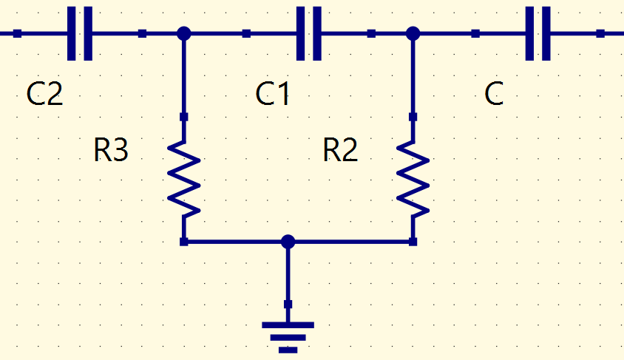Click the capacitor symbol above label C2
(x=80, y=33)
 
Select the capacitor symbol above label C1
(x=309, y=33)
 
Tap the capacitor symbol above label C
(x=538, y=33)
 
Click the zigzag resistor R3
(x=183, y=179)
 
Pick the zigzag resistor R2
(x=413, y=179)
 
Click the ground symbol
(x=288, y=337)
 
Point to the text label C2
(x=44, y=94)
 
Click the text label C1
(x=272, y=94)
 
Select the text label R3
(x=111, y=150)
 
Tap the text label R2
(x=340, y=150)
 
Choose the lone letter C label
(x=494, y=94)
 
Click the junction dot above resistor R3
(x=183, y=33)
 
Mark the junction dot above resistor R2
(x=413, y=33)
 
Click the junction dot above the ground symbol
(x=288, y=242)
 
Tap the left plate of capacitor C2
(x=71, y=33)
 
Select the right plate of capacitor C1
(x=317, y=33)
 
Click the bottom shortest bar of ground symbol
(x=288, y=350)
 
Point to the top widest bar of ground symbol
(x=288, y=325)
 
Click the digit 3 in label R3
(x=121, y=150)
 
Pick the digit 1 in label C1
(x=283, y=94)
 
